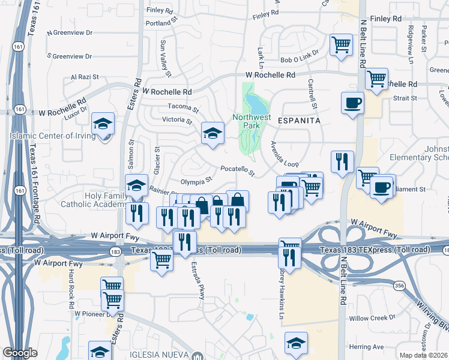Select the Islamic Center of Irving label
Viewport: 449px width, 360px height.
point(53,136)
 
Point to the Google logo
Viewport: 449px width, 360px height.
point(20,353)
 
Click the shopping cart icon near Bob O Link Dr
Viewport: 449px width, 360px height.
point(341,43)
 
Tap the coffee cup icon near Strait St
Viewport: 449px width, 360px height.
point(352,101)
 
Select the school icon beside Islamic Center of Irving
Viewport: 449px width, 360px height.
point(103,124)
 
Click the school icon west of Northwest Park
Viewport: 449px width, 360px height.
point(212,133)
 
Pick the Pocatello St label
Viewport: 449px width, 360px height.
point(238,171)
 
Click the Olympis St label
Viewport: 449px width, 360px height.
point(197,180)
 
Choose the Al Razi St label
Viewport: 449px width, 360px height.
point(84,77)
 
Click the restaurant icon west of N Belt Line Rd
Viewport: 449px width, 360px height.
point(342,161)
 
